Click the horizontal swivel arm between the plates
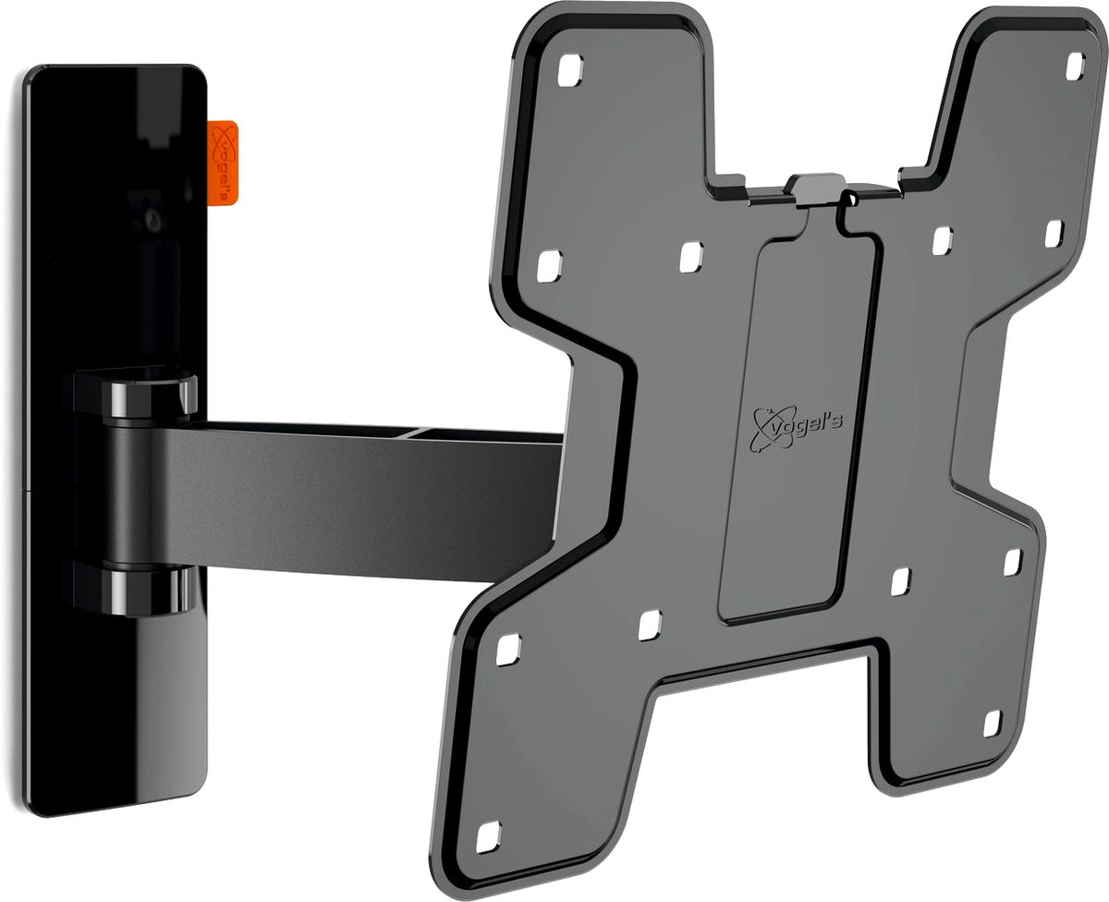370,499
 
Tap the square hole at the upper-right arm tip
1074,65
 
